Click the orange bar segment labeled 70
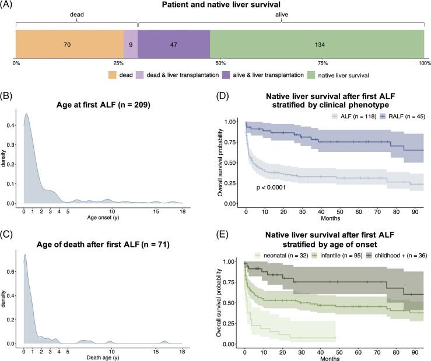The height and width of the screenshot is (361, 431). (x=69, y=45)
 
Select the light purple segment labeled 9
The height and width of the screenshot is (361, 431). (x=131, y=45)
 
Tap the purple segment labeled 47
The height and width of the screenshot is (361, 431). (x=174, y=45)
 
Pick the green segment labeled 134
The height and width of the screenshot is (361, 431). (x=317, y=45)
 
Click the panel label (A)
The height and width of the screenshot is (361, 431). (x=10, y=6)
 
